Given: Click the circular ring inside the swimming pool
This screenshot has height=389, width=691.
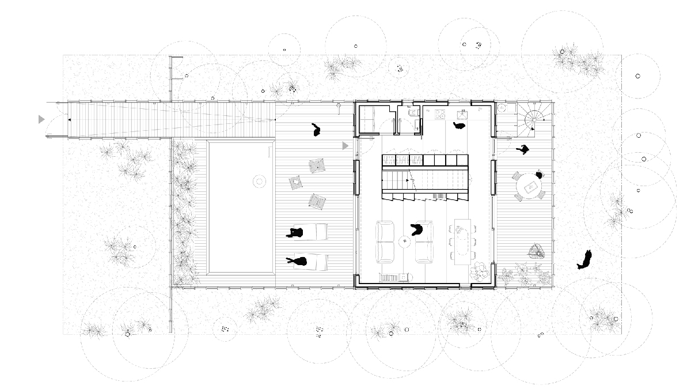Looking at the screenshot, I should pos(259,182).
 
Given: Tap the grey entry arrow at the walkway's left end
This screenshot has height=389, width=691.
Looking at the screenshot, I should pos(41,119).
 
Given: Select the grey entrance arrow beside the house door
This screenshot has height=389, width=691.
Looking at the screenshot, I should pos(345,146).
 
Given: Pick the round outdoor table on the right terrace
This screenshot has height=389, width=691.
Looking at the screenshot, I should pos(529,187).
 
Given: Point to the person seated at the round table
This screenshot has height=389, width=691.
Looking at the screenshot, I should pos(539,174).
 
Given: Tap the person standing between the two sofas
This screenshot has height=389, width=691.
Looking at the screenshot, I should pos(416,231).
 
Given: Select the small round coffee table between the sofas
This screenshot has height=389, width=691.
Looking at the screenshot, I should pos(405,241).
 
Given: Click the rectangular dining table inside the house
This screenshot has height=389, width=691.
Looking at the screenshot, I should pos(462,241).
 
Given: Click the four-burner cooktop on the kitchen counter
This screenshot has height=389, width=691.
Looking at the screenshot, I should pos(441,114).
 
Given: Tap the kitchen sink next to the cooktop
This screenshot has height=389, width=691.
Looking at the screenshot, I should pos(462,114).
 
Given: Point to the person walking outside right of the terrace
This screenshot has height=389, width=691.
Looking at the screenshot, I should pos(586,260).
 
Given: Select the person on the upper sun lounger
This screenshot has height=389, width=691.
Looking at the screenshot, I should pos(296,233).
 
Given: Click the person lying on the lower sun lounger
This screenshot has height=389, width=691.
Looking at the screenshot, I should pos(298,262).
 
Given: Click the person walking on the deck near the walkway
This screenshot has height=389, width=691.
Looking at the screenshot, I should pos(316,130).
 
